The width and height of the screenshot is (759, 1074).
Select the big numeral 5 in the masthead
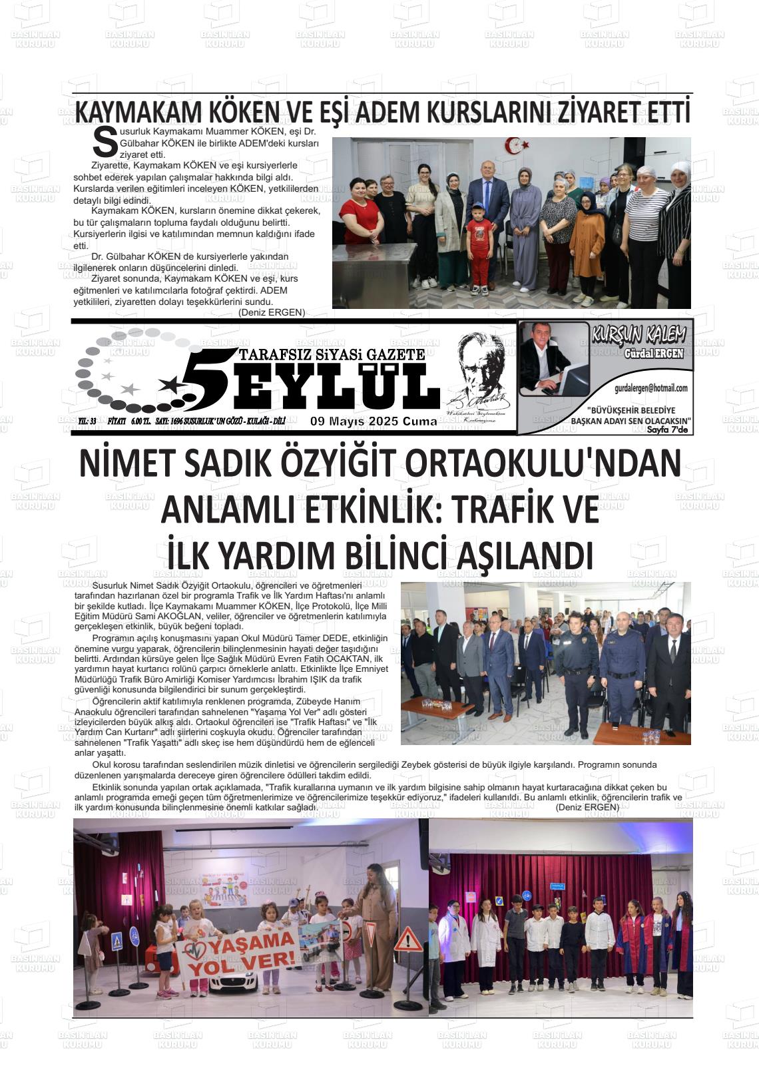[x=200, y=380]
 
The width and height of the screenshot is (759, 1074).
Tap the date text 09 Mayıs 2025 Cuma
[x=374, y=421]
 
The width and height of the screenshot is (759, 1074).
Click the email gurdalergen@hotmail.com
[x=650, y=388]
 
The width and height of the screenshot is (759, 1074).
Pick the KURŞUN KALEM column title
[x=638, y=336]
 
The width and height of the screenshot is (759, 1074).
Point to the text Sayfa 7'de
[x=670, y=430]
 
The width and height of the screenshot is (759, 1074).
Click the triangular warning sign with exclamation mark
[x=407, y=940]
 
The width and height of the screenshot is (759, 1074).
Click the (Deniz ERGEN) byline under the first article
[x=272, y=313]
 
